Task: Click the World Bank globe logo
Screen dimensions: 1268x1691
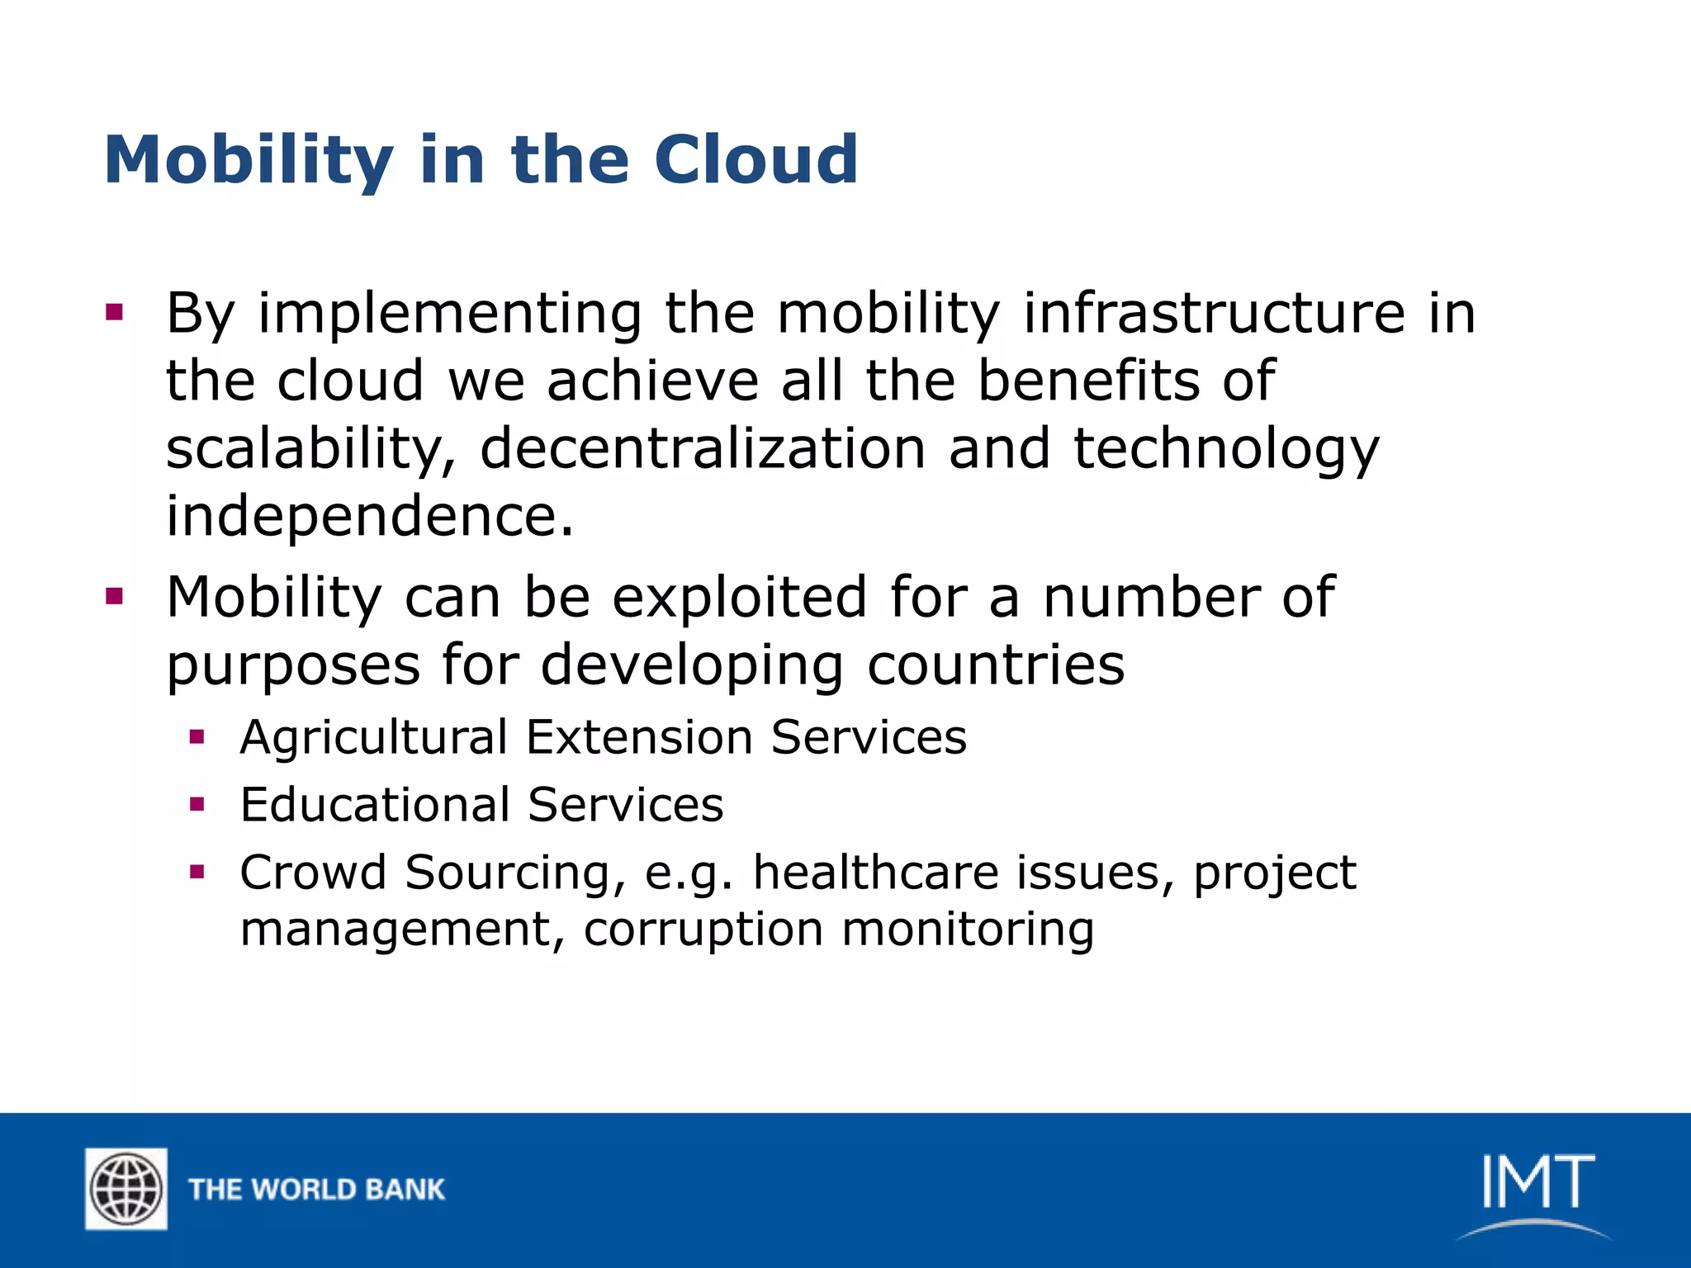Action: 126,1189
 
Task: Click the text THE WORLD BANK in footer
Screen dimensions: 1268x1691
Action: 316,1190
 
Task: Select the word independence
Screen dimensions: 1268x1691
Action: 369,516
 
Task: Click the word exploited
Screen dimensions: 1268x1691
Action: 740,597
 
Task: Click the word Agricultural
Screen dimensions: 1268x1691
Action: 373,737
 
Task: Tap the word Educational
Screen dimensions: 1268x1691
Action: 375,805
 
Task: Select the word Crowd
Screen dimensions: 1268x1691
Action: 313,873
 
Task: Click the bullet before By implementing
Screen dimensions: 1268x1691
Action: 114,313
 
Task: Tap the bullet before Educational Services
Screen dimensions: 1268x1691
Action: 197,804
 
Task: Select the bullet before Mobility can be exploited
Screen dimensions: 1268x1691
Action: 114,596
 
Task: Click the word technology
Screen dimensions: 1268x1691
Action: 1226,450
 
